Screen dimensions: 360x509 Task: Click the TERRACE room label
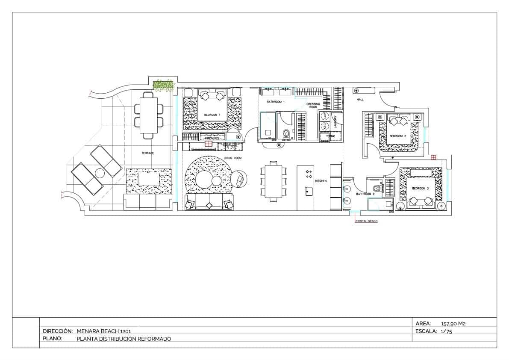click(x=148, y=153)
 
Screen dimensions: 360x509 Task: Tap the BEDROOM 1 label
click(x=212, y=115)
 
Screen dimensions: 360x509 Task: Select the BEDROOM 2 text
click(x=397, y=136)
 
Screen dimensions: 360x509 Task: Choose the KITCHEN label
click(x=321, y=181)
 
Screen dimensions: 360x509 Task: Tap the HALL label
click(x=360, y=100)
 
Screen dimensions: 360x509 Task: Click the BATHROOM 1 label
click(x=276, y=102)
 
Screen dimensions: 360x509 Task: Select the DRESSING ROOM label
click(x=313, y=106)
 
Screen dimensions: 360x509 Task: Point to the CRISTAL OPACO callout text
click(x=366, y=221)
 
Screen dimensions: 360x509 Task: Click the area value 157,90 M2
click(x=453, y=324)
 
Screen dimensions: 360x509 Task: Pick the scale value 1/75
click(x=446, y=331)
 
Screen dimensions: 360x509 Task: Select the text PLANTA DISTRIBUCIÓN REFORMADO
click(x=124, y=339)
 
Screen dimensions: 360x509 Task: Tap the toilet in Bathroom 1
click(x=286, y=134)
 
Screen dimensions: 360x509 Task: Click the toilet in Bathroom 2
click(x=377, y=188)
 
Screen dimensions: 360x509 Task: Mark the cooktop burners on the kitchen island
click(x=309, y=174)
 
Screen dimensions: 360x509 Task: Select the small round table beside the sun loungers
click(x=100, y=174)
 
